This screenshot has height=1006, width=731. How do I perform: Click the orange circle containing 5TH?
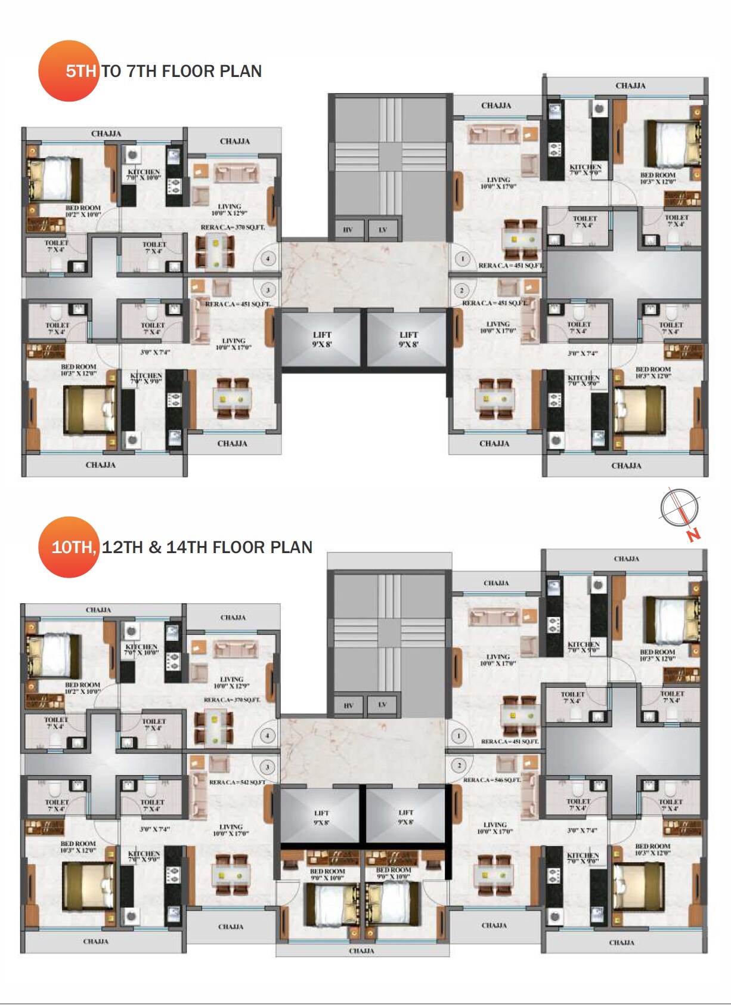point(68,71)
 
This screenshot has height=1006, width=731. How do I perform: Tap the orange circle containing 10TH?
point(68,547)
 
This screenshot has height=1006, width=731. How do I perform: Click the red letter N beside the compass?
point(693,535)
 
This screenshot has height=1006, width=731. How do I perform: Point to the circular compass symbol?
point(679,508)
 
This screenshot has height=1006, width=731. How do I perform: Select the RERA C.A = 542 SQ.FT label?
point(237,782)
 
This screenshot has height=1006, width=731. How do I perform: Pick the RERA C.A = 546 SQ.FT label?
point(492,780)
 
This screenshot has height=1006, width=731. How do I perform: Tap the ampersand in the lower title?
point(156,547)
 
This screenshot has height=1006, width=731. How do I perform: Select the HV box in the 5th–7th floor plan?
point(348,229)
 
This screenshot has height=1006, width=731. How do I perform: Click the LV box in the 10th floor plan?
point(383,705)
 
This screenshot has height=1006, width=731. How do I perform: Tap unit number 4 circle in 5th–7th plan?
point(268,259)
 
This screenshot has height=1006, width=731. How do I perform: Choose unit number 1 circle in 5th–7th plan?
point(463,259)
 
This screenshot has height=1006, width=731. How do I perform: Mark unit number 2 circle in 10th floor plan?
point(460,765)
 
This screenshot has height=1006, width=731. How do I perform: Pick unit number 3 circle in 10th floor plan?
point(268,767)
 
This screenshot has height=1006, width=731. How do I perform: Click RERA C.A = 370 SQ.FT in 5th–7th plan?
point(233,227)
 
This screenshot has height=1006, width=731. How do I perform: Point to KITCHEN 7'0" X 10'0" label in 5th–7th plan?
point(144,174)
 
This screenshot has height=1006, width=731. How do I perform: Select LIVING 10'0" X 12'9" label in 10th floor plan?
point(231,683)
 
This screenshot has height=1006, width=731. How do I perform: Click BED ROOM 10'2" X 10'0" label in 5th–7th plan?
point(83,211)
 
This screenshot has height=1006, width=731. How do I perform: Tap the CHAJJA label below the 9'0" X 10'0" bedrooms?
point(361,951)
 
